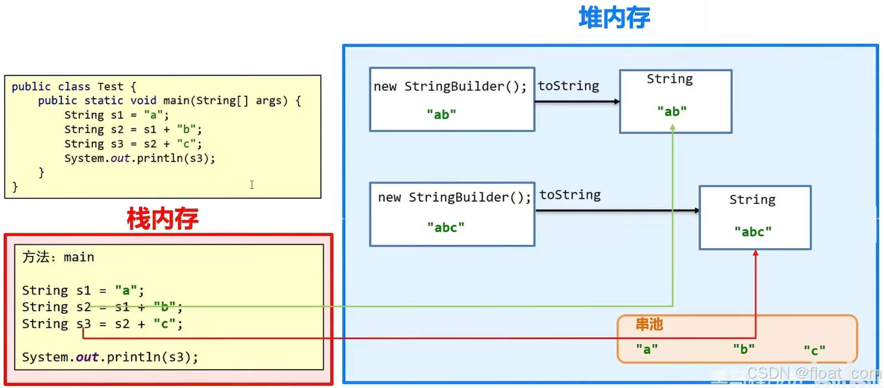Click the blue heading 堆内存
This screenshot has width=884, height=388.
point(614,18)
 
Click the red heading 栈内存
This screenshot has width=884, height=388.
point(162,219)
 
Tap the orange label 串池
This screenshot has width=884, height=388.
point(649,324)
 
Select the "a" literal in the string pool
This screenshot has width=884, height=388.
point(647,349)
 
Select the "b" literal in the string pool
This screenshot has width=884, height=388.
point(743,349)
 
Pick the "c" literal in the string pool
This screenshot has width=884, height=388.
point(814,350)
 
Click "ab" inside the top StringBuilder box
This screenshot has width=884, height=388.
point(441,114)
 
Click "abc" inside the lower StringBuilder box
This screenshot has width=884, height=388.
point(445,227)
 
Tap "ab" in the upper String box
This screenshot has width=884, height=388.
point(672,112)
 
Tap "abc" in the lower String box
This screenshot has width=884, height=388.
point(752,232)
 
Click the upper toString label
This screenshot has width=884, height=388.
point(568,86)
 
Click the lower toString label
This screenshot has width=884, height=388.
point(570,195)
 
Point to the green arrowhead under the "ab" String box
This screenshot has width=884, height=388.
point(673,128)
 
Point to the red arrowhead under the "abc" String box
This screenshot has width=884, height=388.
point(755,253)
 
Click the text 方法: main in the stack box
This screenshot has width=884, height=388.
point(58,257)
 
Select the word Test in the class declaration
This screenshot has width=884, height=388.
point(110,87)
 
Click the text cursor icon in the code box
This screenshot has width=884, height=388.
point(252,185)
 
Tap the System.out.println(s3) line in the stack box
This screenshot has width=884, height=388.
point(110,357)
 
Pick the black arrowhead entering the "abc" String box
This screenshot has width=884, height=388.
point(696,211)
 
